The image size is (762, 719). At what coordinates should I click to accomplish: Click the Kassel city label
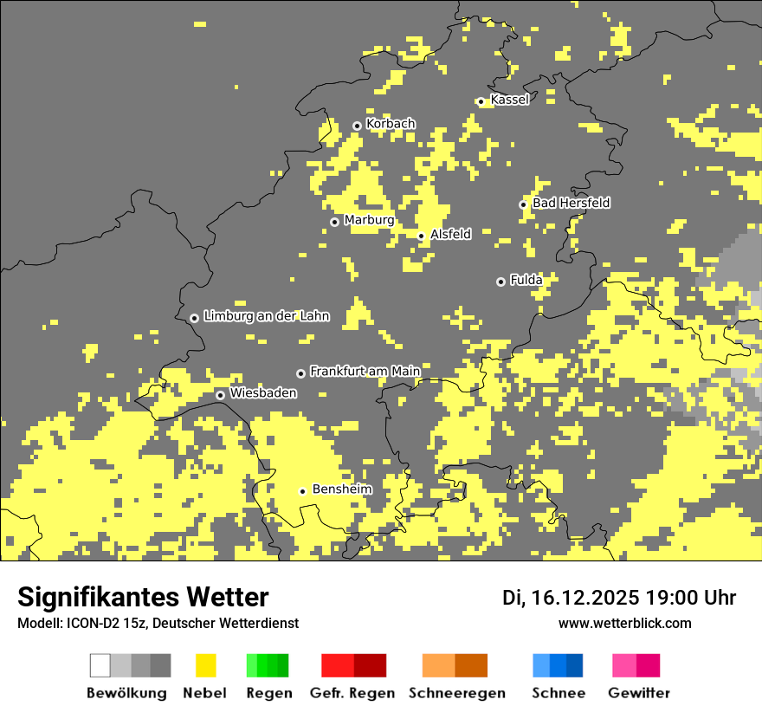[509, 100]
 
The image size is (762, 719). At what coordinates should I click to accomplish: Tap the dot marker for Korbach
[357, 126]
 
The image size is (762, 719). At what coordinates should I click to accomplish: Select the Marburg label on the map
[369, 220]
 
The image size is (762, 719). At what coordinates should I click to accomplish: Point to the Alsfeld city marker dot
[422, 236]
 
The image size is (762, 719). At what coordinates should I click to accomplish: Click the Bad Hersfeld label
[571, 203]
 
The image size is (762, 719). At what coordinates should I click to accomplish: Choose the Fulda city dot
[500, 282]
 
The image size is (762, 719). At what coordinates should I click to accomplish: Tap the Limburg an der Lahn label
[266, 316]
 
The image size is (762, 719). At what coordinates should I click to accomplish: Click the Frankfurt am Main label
[365, 371]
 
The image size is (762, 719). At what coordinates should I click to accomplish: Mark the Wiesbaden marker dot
[221, 395]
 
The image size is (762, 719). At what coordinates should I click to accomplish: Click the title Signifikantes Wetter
[143, 597]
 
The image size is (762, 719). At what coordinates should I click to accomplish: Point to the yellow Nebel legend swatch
[205, 665]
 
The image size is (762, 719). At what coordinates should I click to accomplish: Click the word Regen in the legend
[267, 693]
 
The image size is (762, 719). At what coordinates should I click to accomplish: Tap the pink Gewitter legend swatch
[625, 665]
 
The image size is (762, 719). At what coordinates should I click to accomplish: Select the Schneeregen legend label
[456, 693]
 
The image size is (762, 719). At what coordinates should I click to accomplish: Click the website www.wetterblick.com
[624, 623]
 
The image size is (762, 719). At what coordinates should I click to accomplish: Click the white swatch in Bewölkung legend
[100, 665]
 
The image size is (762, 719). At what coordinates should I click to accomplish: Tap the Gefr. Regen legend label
[352, 693]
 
